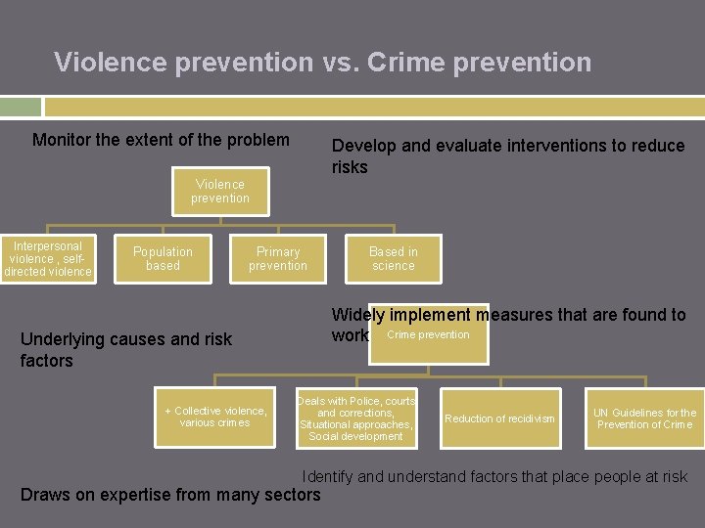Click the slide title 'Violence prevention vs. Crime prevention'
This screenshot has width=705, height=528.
322,63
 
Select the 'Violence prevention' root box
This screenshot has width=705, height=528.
220,191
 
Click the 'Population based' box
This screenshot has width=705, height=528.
163,258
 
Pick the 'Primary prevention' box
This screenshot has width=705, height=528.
277,258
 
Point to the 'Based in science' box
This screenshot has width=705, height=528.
393,258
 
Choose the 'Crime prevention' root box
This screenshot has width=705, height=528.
428,335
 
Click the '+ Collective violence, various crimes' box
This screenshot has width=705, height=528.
214,418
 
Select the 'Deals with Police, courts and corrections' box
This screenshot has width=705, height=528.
357,418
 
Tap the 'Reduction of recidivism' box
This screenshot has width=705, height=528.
499,418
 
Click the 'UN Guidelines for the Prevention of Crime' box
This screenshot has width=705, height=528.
644,418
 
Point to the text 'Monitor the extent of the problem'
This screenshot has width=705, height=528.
161,140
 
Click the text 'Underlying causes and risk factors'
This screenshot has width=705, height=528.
126,350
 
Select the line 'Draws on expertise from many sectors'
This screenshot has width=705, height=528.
170,495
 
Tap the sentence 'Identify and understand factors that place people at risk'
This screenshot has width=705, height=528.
494,477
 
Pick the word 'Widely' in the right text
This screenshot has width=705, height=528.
357,315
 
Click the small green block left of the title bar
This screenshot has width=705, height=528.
20,107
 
